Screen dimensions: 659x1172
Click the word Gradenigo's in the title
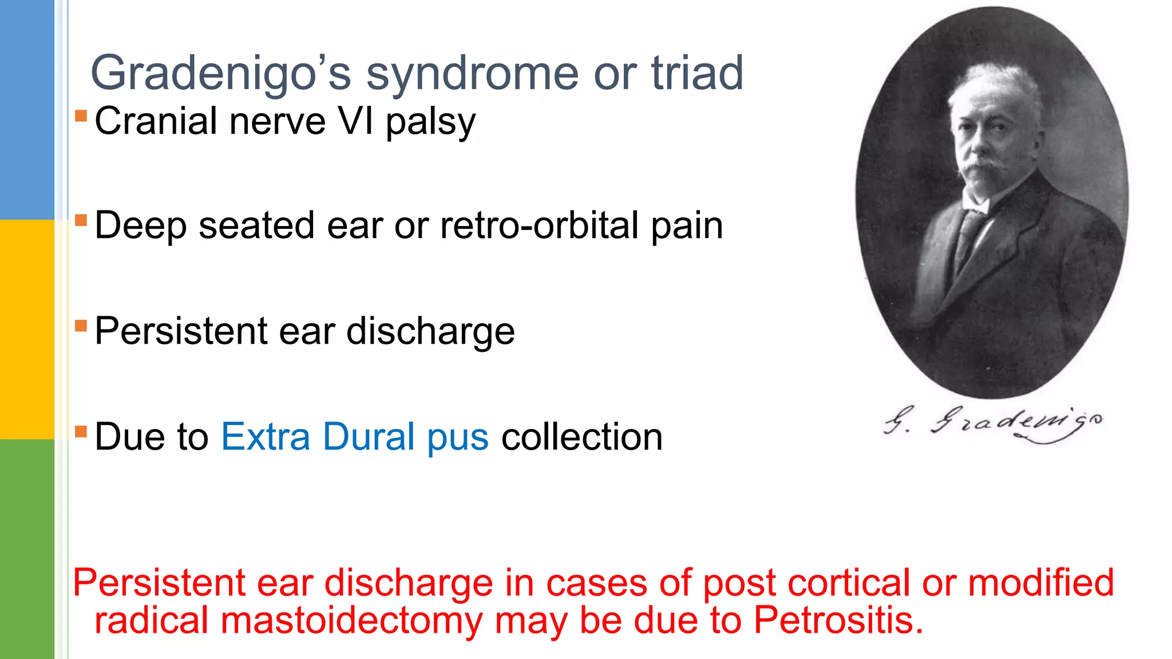221,73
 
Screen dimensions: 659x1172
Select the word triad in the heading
697,73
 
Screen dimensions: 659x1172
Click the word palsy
430,122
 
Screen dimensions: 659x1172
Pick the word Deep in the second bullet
140,227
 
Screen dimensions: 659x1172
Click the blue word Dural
369,437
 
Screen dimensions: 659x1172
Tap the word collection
582,437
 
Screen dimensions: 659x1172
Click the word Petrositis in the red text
838,620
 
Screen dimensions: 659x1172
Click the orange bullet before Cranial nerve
81,116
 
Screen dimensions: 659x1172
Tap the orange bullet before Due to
81,431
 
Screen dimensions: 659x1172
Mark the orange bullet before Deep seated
81,220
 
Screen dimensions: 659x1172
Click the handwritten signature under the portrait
993,423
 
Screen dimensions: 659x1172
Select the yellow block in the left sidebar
27,329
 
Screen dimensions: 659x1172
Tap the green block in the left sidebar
27,549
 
